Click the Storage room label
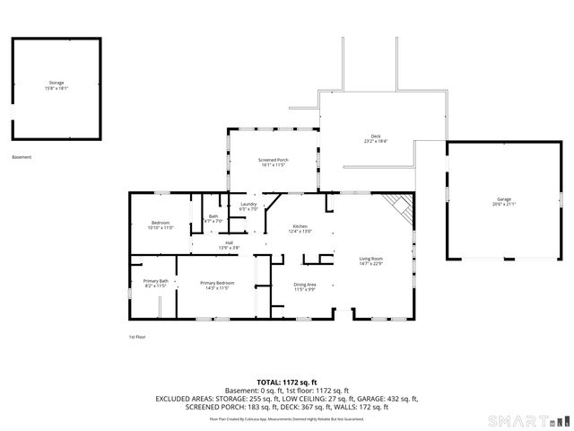tap(57, 85)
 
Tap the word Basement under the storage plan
tap(22, 157)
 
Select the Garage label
tap(504, 200)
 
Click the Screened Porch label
tap(273, 162)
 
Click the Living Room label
tap(370, 260)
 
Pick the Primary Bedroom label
tap(216, 285)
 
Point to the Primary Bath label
tap(156, 283)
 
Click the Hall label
tap(229, 245)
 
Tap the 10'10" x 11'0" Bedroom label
tap(160, 224)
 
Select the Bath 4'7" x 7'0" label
tap(213, 218)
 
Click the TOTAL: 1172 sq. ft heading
tap(287, 382)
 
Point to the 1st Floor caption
tap(137, 337)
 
